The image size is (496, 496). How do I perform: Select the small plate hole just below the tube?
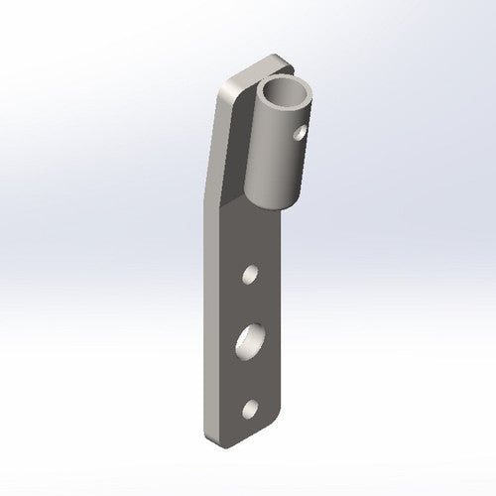point(252,272)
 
